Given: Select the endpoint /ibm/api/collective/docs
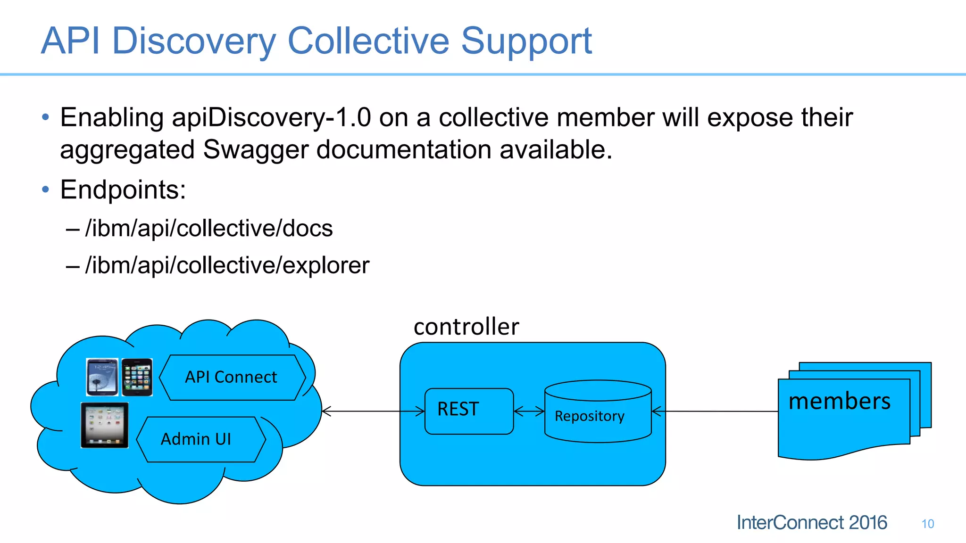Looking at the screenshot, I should click(209, 229).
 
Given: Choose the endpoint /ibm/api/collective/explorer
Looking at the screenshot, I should click(227, 265).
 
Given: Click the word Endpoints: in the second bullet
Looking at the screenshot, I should click(123, 190).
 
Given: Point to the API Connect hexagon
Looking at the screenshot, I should click(231, 377).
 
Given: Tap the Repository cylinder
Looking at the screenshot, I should click(598, 415).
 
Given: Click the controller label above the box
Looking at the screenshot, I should click(466, 327).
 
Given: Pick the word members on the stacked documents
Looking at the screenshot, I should click(840, 402).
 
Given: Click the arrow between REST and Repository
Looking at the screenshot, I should click(529, 411).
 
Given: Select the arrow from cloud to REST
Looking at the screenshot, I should click(373, 411).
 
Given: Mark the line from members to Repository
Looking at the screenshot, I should click(715, 411).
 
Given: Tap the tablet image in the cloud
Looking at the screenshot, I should click(105, 425).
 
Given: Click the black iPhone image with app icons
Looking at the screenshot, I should click(137, 377).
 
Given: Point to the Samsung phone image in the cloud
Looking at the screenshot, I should click(102, 377).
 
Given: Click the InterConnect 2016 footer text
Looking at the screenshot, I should click(811, 523).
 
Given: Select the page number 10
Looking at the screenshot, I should click(927, 524).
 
